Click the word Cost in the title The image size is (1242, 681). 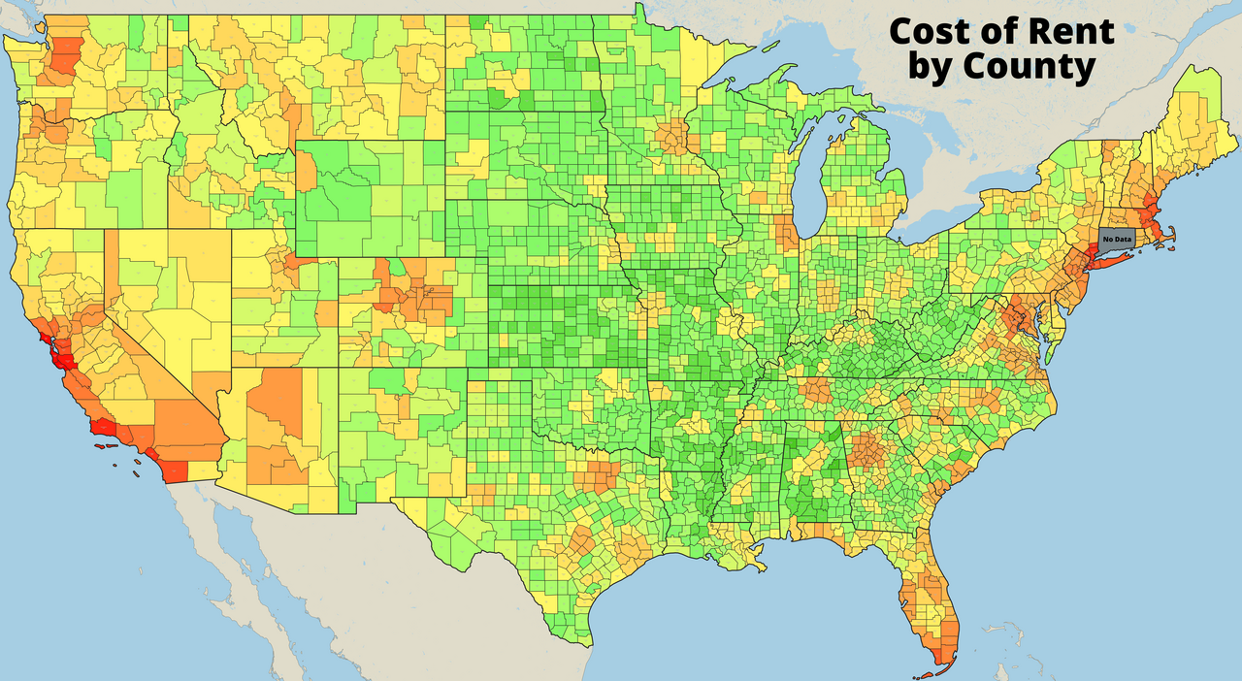930,31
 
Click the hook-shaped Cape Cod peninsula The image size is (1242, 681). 1173,232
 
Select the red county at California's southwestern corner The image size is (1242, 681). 175,470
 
